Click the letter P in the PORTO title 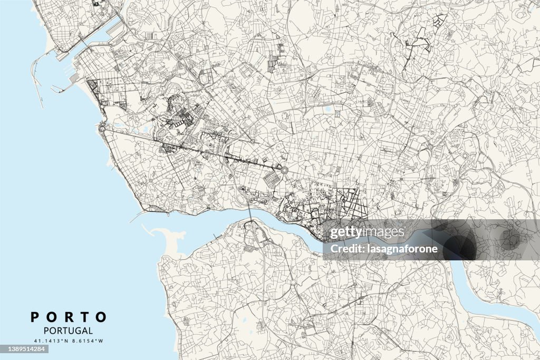pyautogui.click(x=35, y=317)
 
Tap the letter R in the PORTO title pyautogui.click(x=68, y=317)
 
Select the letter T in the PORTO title pyautogui.click(x=84, y=317)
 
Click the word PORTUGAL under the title pyautogui.click(x=69, y=331)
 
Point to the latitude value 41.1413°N pyautogui.click(x=51, y=342)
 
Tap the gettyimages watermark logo pyautogui.click(x=368, y=232)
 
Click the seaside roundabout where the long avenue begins pyautogui.click(x=101, y=127)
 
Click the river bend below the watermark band pyautogui.click(x=464, y=274)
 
